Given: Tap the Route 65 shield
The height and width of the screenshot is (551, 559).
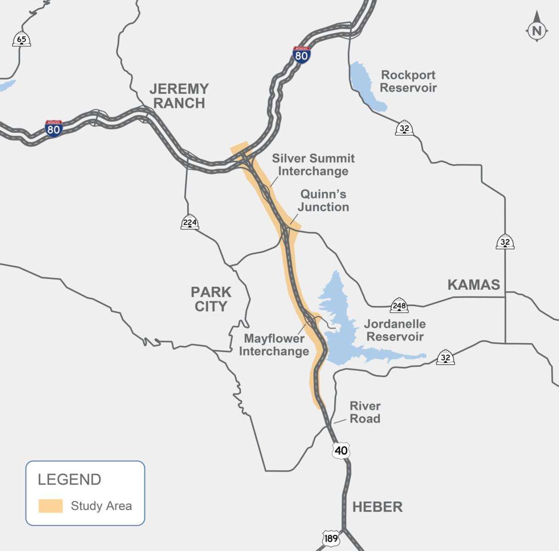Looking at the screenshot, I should (x=22, y=39).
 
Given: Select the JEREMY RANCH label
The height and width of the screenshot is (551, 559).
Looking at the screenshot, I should (x=179, y=96).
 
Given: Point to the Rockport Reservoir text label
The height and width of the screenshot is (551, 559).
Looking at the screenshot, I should (x=408, y=81).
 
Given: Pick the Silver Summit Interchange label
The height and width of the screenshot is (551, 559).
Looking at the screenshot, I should (x=313, y=165).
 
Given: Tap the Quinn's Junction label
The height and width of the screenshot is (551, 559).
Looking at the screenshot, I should (x=323, y=200).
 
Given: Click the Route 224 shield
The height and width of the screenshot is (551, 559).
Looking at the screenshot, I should (x=190, y=222).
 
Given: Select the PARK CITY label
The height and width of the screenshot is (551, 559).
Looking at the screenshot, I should (x=211, y=298).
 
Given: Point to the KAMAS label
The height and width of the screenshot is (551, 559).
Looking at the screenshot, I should (x=473, y=285).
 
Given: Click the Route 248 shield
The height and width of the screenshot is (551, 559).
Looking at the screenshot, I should (x=399, y=305).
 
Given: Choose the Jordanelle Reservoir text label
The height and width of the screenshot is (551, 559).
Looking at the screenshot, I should (x=394, y=330).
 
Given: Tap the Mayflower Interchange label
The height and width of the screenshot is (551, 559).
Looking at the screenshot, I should (x=274, y=345).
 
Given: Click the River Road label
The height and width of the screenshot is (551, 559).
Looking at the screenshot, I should (x=365, y=412).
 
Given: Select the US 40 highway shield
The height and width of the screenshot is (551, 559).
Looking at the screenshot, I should (x=341, y=450).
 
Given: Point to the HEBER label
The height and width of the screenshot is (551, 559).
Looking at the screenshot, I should (x=377, y=507).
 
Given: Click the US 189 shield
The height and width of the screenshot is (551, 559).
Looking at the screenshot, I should (x=331, y=538).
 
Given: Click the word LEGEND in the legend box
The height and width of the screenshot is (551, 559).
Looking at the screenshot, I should (x=69, y=479).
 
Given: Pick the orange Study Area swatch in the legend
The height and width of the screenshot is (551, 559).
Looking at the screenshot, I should (x=51, y=506).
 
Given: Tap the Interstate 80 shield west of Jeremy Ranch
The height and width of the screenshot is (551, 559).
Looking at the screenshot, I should (x=54, y=129).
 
